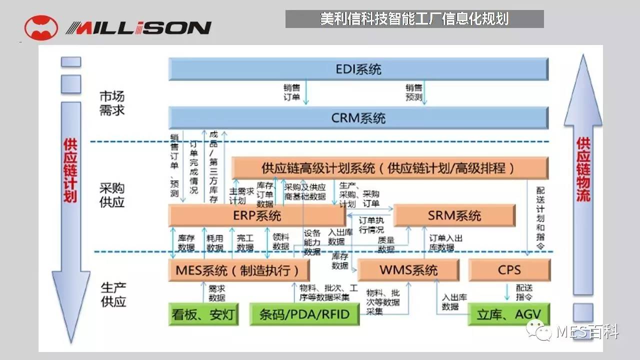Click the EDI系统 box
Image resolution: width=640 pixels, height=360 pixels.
click(358, 69)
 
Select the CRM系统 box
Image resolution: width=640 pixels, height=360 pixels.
click(358, 118)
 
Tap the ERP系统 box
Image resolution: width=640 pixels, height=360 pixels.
click(257, 215)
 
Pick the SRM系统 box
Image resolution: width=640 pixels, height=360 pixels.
click(454, 215)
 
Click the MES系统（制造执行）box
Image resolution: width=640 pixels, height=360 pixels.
click(238, 270)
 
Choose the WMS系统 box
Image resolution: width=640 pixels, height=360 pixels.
click(408, 270)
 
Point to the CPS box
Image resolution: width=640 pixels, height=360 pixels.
click(509, 270)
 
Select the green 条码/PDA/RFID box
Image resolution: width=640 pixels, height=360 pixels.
click(304, 315)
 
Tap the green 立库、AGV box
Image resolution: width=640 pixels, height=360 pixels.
click(509, 315)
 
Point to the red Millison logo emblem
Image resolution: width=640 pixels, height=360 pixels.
click(41, 28)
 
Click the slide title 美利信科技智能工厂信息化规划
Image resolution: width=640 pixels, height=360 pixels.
click(414, 19)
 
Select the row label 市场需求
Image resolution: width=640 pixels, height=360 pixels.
click(112, 103)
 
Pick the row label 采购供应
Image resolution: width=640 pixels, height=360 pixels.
click(112, 195)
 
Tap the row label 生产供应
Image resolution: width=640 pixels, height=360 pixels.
click(113, 294)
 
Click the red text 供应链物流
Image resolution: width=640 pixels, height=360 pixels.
click(583, 170)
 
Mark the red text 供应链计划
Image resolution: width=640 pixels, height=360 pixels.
click(70, 170)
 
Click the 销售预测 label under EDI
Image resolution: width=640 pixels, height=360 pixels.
click(414, 92)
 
